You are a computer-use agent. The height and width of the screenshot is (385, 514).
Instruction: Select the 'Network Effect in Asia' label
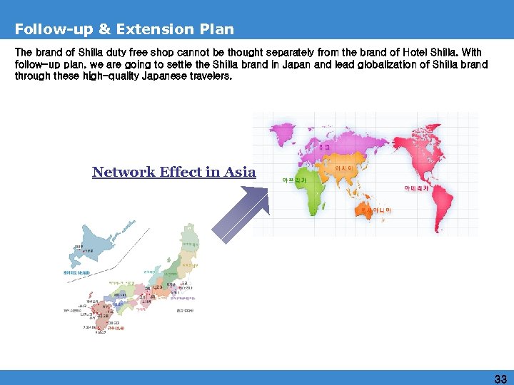(173, 172)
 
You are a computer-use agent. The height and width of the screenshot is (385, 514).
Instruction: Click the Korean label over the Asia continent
(343, 168)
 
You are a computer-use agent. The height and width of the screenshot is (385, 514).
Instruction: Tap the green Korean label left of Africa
(294, 180)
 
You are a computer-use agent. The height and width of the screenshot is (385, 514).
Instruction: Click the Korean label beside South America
(416, 188)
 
